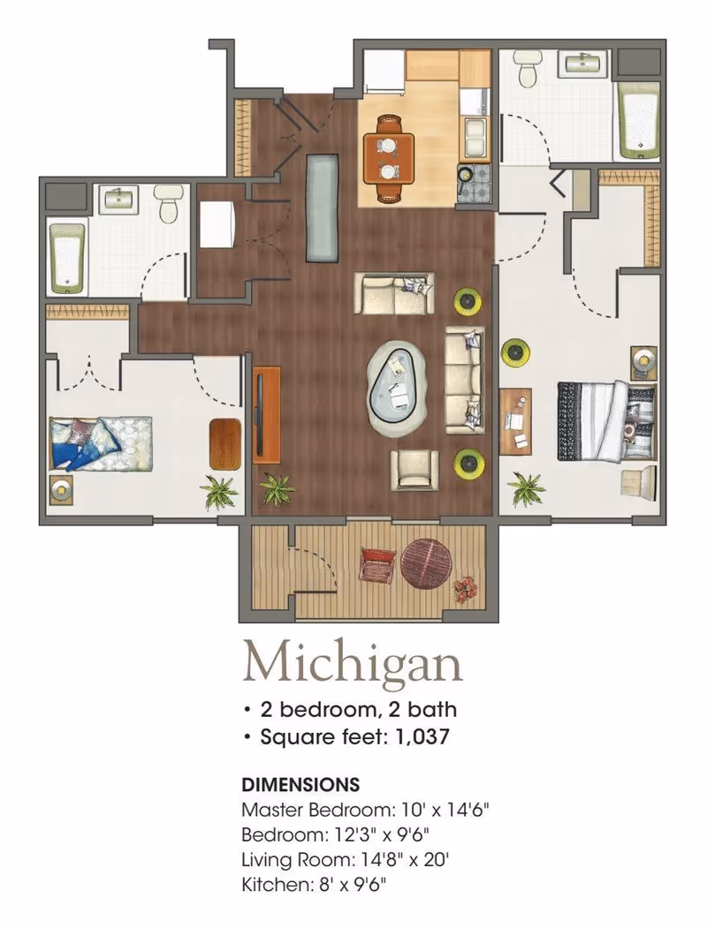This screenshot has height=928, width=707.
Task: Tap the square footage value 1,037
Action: [x=422, y=737]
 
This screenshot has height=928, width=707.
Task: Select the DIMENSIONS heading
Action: [x=300, y=785]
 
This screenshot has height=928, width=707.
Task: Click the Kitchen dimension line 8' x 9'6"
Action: [x=314, y=885]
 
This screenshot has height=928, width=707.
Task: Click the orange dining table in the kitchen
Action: [x=389, y=158]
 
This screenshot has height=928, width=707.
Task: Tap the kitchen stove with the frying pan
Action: [x=474, y=184]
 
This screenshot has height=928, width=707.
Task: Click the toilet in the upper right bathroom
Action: [x=527, y=67]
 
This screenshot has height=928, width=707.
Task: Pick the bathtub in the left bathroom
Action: [x=67, y=258]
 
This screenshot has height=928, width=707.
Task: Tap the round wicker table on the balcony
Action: [x=426, y=564]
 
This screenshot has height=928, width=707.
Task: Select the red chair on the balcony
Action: [x=377, y=565]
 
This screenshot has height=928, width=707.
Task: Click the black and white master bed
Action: [x=607, y=421]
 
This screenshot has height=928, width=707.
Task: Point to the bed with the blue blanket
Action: [x=101, y=443]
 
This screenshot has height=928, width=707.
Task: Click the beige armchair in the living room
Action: [x=414, y=470]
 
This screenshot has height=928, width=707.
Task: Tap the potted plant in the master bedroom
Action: [x=526, y=488]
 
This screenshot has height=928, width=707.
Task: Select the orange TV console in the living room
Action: [x=267, y=415]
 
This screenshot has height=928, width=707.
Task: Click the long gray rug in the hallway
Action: [x=323, y=207]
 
